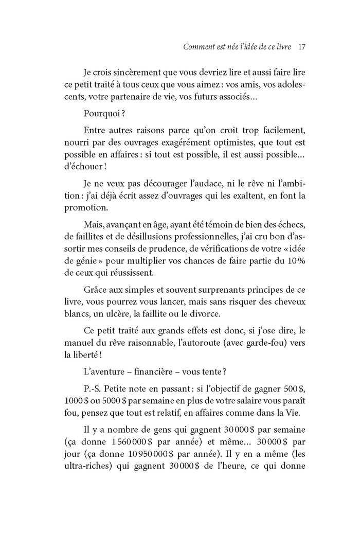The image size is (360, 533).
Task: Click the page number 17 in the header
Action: pyautogui.click(x=302, y=48)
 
